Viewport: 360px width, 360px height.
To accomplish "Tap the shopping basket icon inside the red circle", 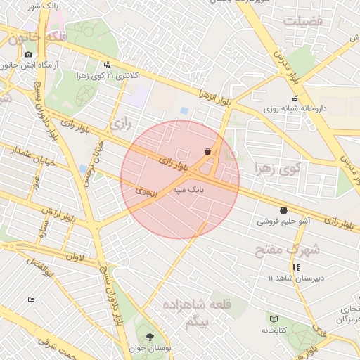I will point(207,151).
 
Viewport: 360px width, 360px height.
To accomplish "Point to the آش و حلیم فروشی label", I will point(285,221).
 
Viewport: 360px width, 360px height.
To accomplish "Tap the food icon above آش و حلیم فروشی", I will point(283,210).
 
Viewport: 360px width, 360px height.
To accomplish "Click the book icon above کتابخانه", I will point(274,319).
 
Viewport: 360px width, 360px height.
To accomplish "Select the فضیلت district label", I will point(302,21).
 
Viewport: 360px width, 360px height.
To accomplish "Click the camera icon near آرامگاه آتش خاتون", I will point(28,54).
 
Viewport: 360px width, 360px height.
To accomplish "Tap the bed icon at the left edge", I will point(31,300).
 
